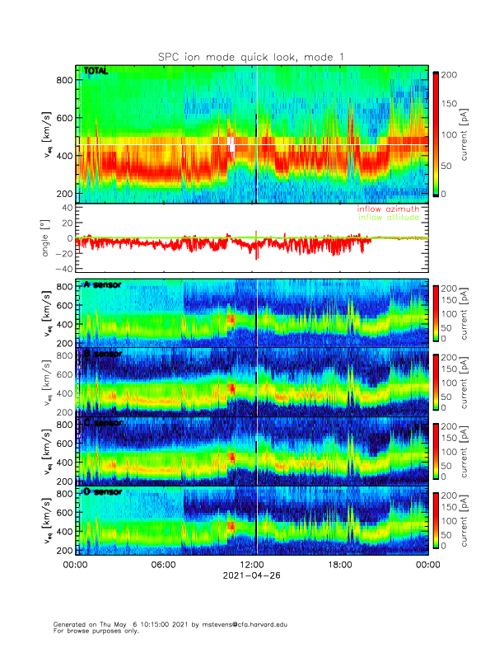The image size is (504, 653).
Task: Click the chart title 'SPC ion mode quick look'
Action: [251, 56]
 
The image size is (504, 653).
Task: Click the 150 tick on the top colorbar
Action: [449, 104]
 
